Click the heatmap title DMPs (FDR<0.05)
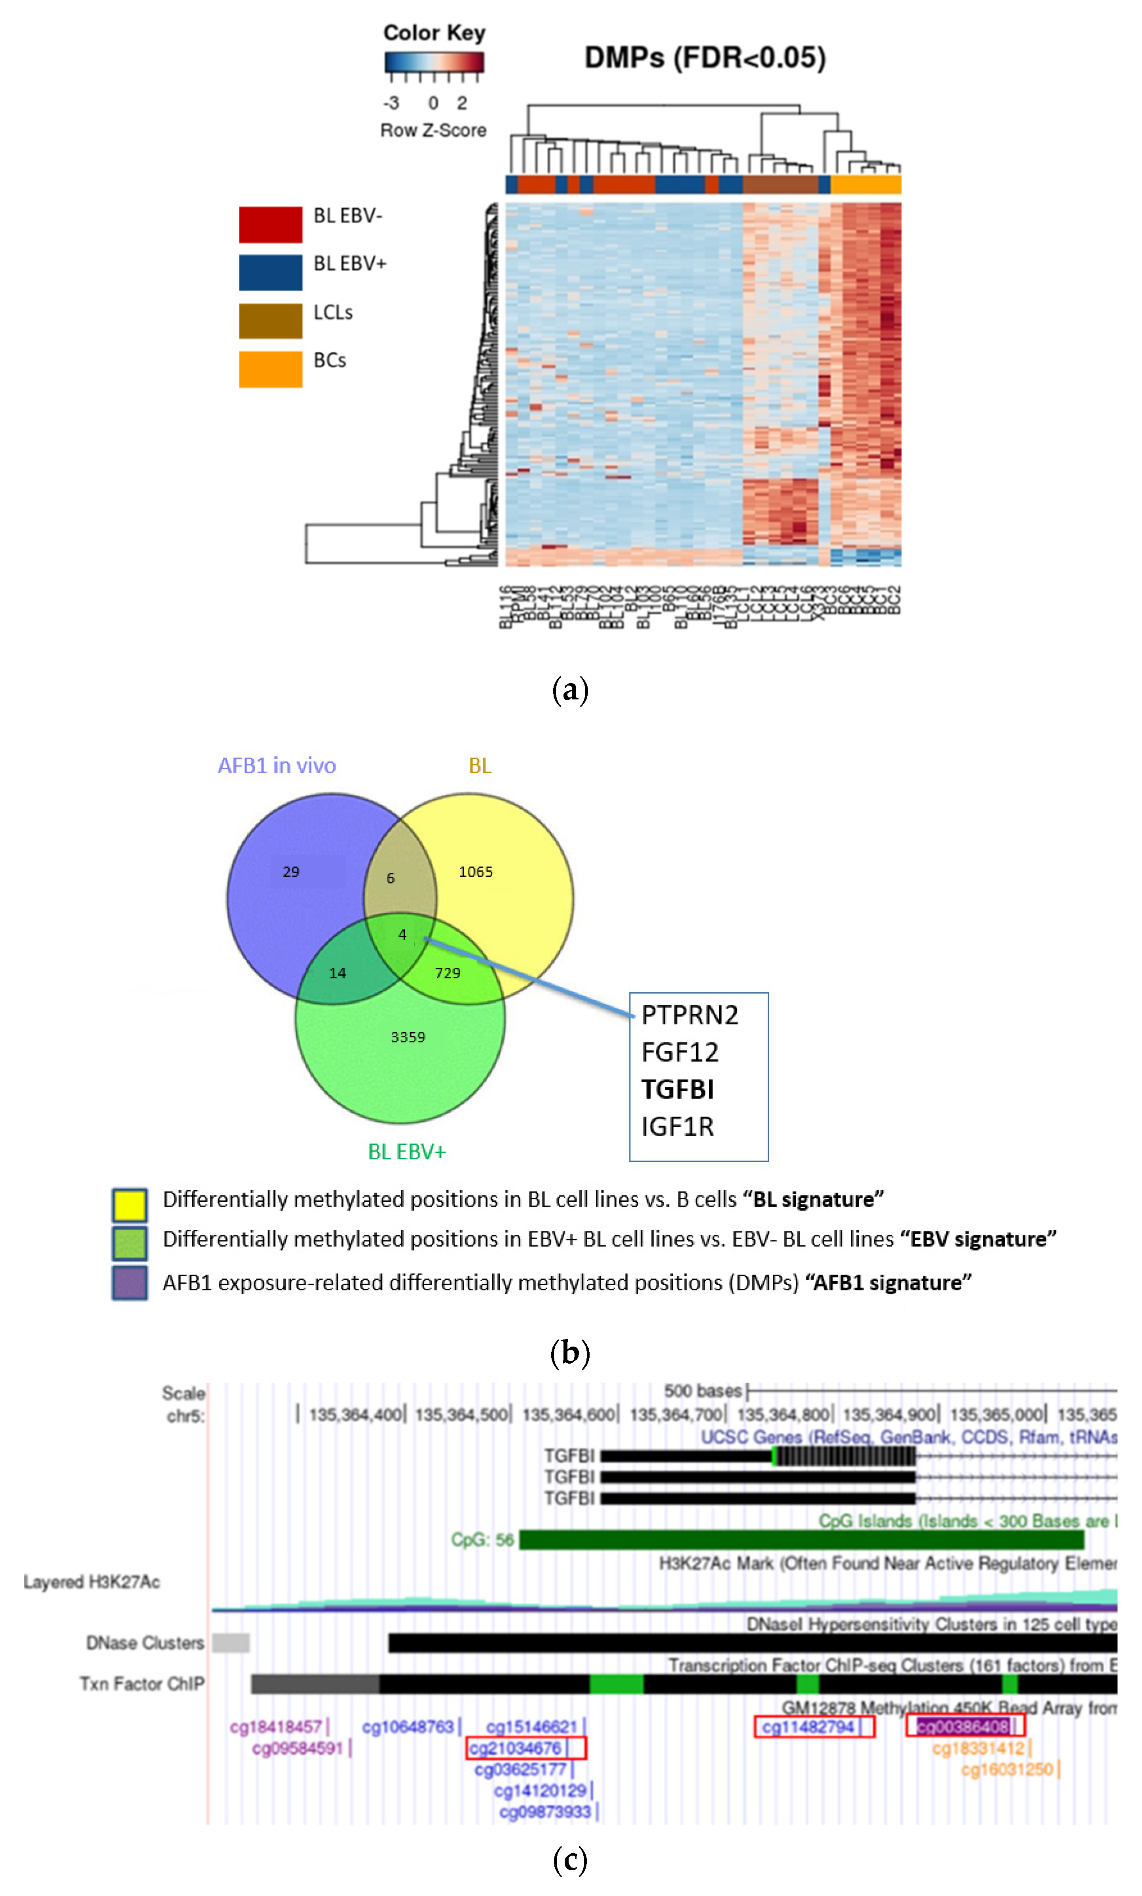point(704,58)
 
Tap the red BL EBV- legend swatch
point(270,224)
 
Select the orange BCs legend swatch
point(270,369)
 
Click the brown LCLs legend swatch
point(270,320)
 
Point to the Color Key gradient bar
point(434,62)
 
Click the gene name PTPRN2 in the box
point(689,1015)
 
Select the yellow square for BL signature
point(129,1204)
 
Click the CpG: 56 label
point(482,1539)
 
